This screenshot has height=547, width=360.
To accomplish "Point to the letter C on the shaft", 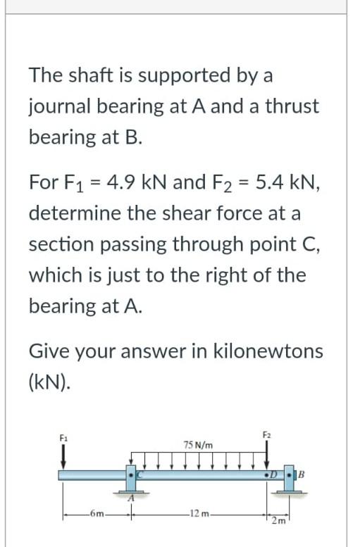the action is click(x=139, y=477).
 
